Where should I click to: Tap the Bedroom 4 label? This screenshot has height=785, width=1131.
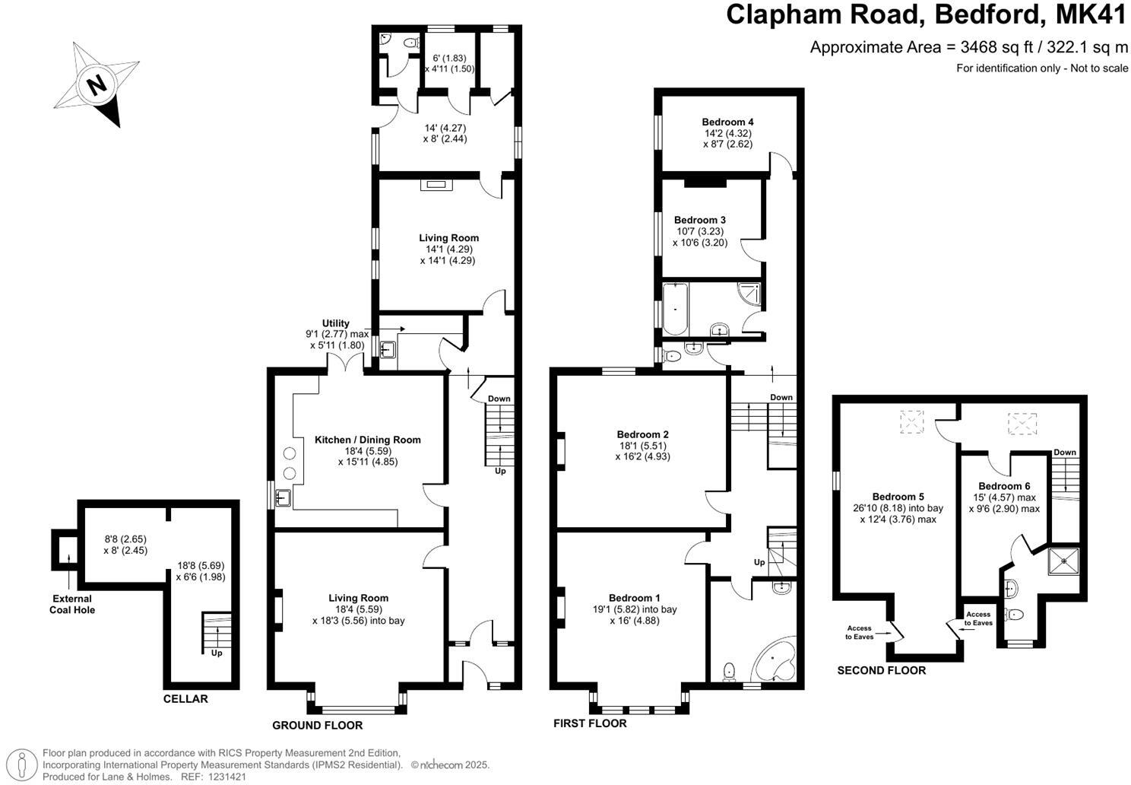(x=727, y=122)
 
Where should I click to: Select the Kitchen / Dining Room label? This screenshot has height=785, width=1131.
(x=367, y=440)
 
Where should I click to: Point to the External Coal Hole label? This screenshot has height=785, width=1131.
(x=72, y=604)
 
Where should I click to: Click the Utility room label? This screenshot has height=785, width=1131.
(x=335, y=323)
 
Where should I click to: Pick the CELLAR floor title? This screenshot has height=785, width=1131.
(x=185, y=698)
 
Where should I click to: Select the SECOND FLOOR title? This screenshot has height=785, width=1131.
(x=881, y=670)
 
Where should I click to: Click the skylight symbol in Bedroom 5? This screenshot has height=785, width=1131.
(x=911, y=421)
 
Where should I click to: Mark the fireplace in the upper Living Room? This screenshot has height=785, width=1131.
(x=436, y=183)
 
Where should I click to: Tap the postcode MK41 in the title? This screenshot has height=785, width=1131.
(x=1087, y=15)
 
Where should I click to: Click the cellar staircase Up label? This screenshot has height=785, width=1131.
(x=217, y=653)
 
